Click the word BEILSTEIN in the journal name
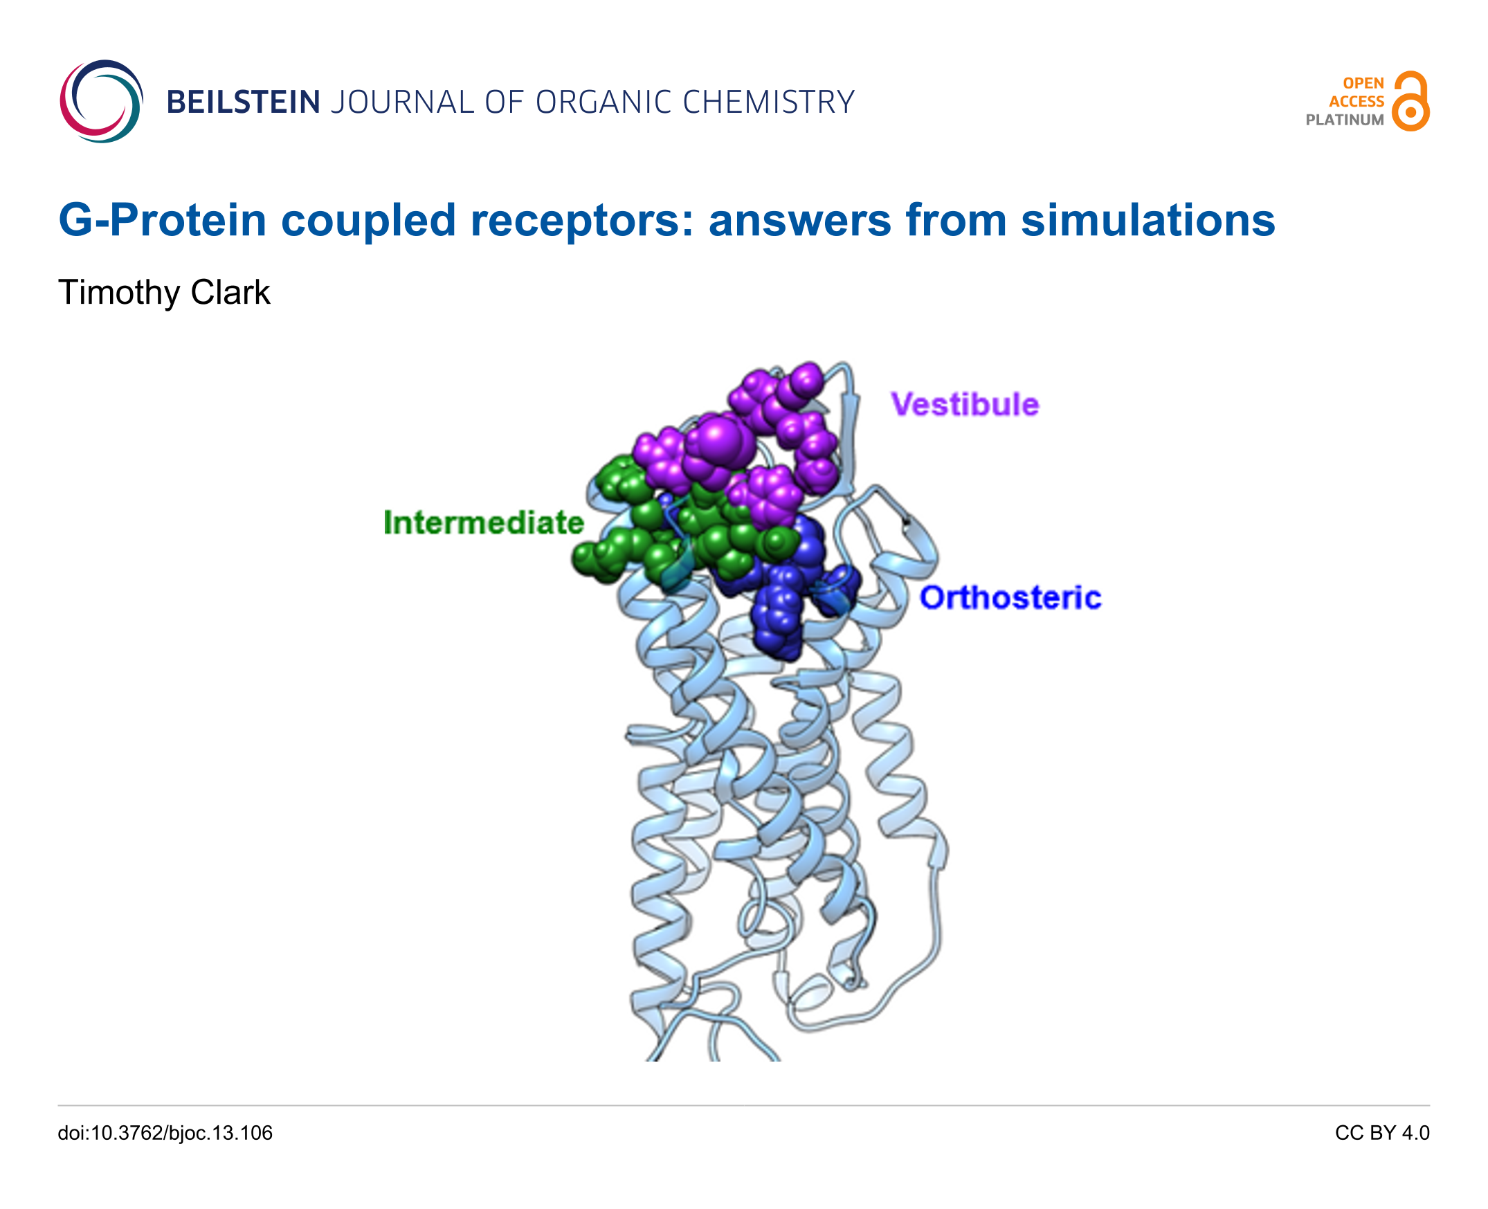244,102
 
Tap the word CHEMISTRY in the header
768,102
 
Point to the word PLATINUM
1345,120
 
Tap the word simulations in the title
1147,220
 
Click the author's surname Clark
230,292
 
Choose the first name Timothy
118,293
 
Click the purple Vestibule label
964,405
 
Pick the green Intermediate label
483,522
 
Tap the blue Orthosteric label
1010,597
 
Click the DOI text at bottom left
165,1133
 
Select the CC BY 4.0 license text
1381,1133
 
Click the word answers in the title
799,221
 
